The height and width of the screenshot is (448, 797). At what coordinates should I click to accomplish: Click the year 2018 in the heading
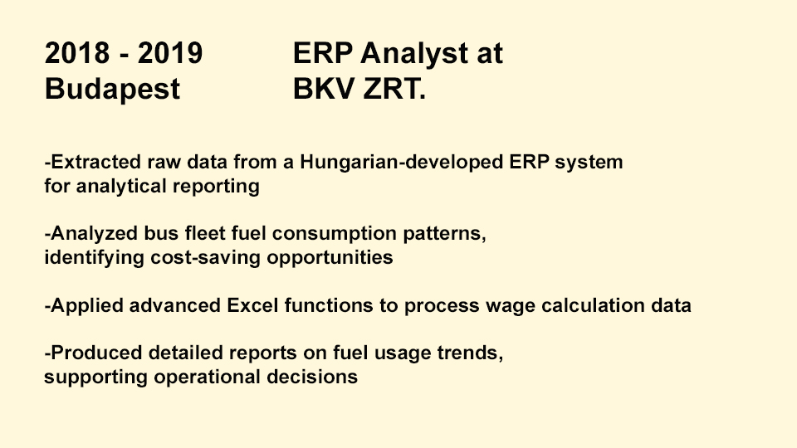point(77,53)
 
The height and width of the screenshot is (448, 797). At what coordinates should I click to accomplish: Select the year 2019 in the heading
point(170,53)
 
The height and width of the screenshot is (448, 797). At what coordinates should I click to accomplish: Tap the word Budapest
point(112,90)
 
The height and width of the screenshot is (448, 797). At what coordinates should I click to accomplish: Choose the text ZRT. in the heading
point(394,89)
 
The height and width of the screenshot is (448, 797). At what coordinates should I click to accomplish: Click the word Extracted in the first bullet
point(96,162)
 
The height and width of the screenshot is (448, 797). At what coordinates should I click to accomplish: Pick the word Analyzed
point(94,234)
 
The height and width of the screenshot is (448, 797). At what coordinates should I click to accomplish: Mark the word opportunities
point(330,258)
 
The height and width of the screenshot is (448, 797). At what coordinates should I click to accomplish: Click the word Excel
point(252,306)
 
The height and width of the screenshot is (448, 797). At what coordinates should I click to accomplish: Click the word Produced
point(96,353)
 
